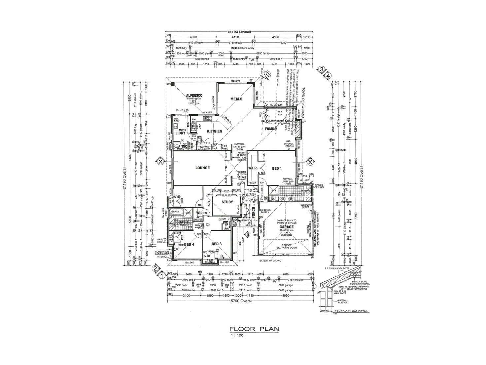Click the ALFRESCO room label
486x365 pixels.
click(194, 95)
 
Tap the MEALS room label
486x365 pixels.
click(236, 99)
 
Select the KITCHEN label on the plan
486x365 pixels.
click(214, 131)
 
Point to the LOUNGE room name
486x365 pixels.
click(202, 168)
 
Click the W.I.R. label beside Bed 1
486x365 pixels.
click(253, 168)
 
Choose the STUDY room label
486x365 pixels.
click(227, 202)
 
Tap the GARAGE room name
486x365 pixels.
click(286, 227)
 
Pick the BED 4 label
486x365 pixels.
click(189, 244)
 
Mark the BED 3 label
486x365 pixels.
click(216, 244)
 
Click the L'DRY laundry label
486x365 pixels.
click(180, 133)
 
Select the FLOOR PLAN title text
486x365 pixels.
click(254, 329)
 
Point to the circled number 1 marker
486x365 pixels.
click(162, 275)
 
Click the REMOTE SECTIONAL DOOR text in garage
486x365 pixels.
click(286, 246)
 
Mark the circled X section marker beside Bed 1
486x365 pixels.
click(310, 162)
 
